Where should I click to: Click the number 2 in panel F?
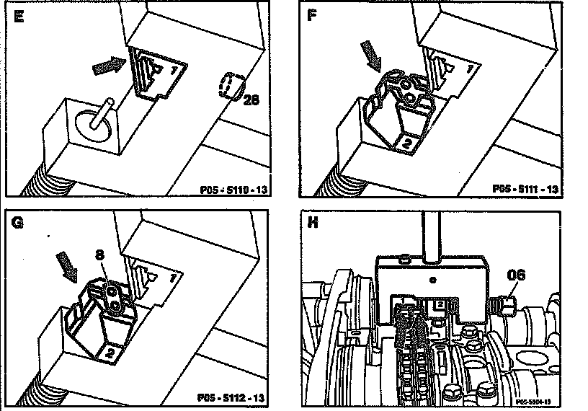[x=406, y=143]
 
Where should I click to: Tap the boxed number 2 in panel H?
[x=438, y=306]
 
